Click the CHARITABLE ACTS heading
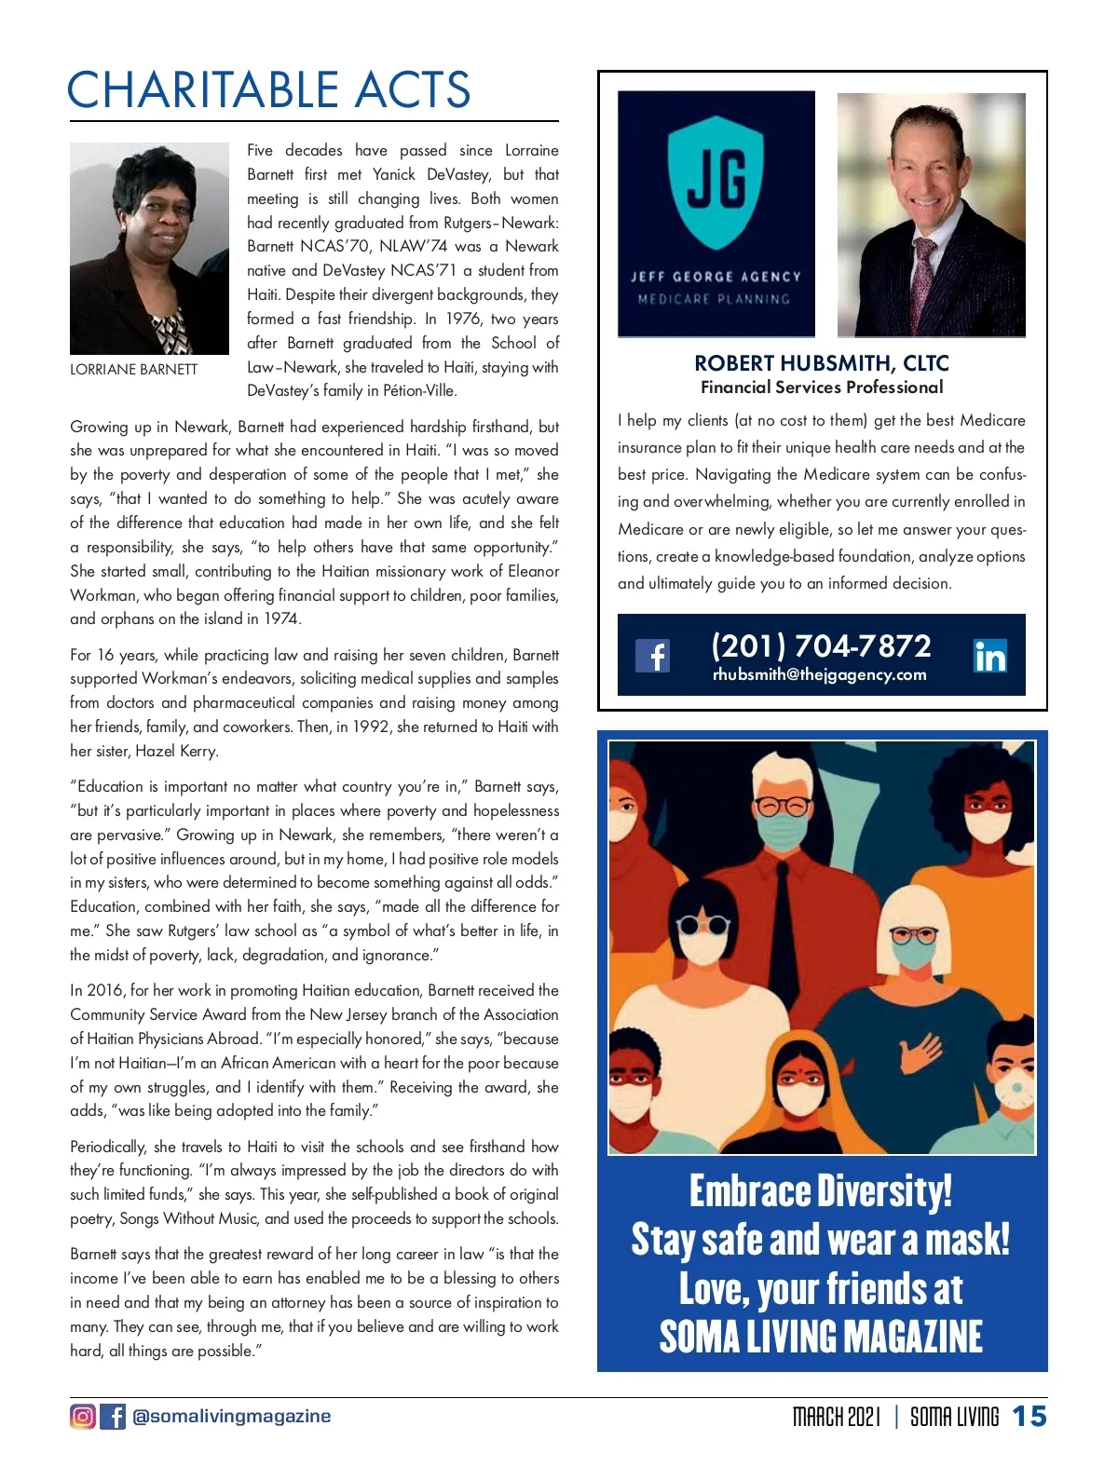coord(268,90)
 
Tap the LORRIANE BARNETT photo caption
coord(133,370)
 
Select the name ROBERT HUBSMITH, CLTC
coord(821,363)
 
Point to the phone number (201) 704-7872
coord(821,645)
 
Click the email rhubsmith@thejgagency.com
coord(819,675)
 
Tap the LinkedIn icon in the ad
coord(989,657)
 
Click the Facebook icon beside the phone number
coord(652,656)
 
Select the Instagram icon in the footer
coord(83,1417)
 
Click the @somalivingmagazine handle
coord(232,1417)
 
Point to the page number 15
coord(1029,1417)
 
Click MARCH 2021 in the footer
coord(836,1417)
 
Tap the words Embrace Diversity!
coord(820,1191)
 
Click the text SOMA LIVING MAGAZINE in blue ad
coord(820,1337)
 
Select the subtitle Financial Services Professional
coord(821,387)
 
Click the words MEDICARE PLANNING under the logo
coord(714,299)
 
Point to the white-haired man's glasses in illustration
coord(781,806)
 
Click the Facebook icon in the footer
coord(113,1417)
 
